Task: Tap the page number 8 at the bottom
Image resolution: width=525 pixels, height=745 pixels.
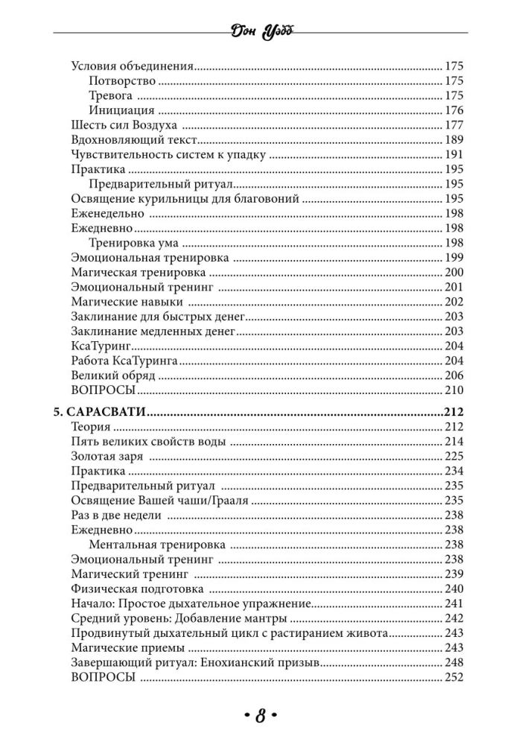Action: click(261, 716)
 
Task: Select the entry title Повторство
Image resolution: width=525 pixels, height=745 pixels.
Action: click(121, 80)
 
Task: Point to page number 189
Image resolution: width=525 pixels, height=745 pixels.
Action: click(454, 139)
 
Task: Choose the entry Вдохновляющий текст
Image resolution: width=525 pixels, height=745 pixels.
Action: click(134, 139)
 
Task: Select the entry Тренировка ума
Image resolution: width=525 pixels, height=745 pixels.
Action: click(132, 243)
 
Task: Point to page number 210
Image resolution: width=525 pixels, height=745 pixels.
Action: click(454, 390)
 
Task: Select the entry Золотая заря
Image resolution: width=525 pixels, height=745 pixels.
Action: click(107, 456)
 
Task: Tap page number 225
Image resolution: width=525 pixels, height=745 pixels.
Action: click(454, 456)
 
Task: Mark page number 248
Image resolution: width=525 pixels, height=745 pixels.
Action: click(454, 662)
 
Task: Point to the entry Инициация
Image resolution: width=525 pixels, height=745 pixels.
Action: click(121, 110)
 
